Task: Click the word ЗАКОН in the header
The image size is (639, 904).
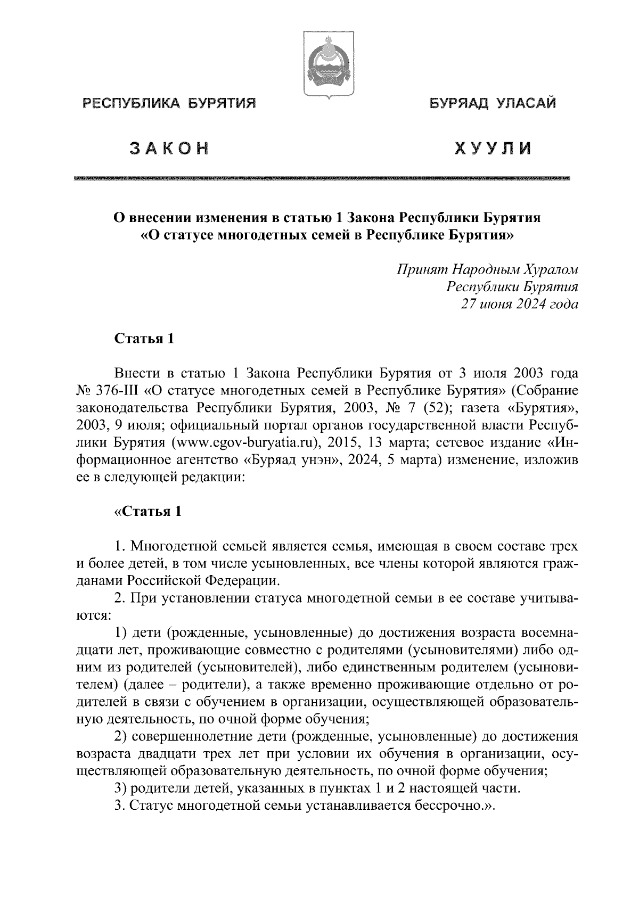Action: pos(169,150)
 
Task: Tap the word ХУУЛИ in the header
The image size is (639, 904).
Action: pos(492,150)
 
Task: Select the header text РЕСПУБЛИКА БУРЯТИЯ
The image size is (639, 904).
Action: pos(168,102)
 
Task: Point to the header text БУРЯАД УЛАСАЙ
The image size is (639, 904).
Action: pos(493,102)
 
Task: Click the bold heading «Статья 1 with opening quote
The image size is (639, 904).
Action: pos(148,512)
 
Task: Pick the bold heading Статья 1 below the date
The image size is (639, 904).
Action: pos(144,339)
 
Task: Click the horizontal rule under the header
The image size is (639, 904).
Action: pos(323,178)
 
